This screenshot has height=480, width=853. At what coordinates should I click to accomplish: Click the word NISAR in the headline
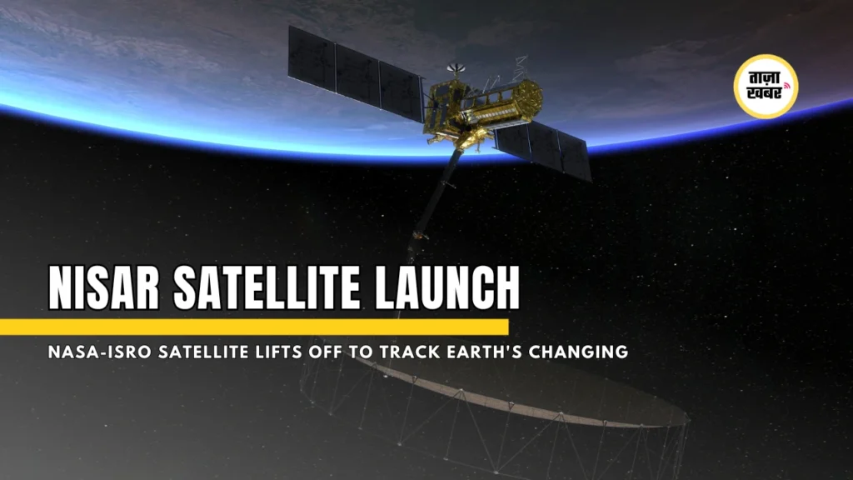pos(103,287)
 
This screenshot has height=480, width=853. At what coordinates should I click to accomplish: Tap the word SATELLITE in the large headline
pos(267,287)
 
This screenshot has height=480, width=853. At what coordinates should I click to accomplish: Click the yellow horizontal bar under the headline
pos(254,327)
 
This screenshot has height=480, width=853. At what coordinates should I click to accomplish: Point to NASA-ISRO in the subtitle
pos(100,352)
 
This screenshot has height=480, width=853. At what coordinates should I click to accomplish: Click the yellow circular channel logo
pos(766,86)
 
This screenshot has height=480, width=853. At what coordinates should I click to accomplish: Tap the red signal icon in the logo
pos(786,86)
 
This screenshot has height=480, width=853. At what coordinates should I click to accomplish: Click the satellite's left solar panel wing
pos(356,73)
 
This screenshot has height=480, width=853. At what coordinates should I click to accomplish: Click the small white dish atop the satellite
pos(456,68)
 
